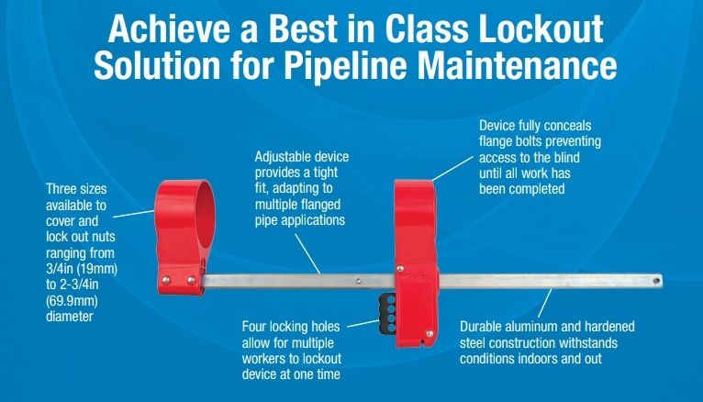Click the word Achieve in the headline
[169, 29]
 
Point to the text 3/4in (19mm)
[82, 269]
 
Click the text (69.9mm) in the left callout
[72, 300]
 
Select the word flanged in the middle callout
[320, 205]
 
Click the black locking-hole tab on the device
[387, 314]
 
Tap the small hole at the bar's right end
[656, 281]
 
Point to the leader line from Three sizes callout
[134, 214]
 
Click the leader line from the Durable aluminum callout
[544, 303]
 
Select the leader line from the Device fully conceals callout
[452, 169]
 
